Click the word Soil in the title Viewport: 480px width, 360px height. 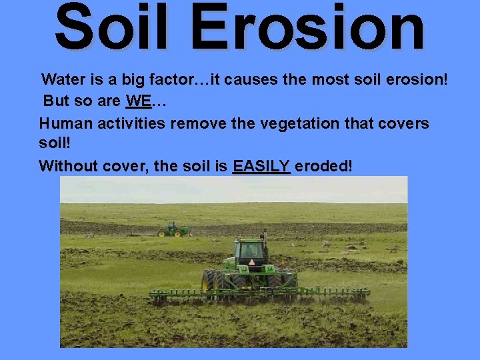[111, 28]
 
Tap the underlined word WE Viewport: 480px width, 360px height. [138, 102]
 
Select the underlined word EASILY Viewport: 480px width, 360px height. [261, 166]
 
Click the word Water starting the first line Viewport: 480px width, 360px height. [62, 80]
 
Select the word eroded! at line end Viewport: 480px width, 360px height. [323, 166]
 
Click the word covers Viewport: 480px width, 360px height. [405, 124]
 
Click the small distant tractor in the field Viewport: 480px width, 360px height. [173, 229]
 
